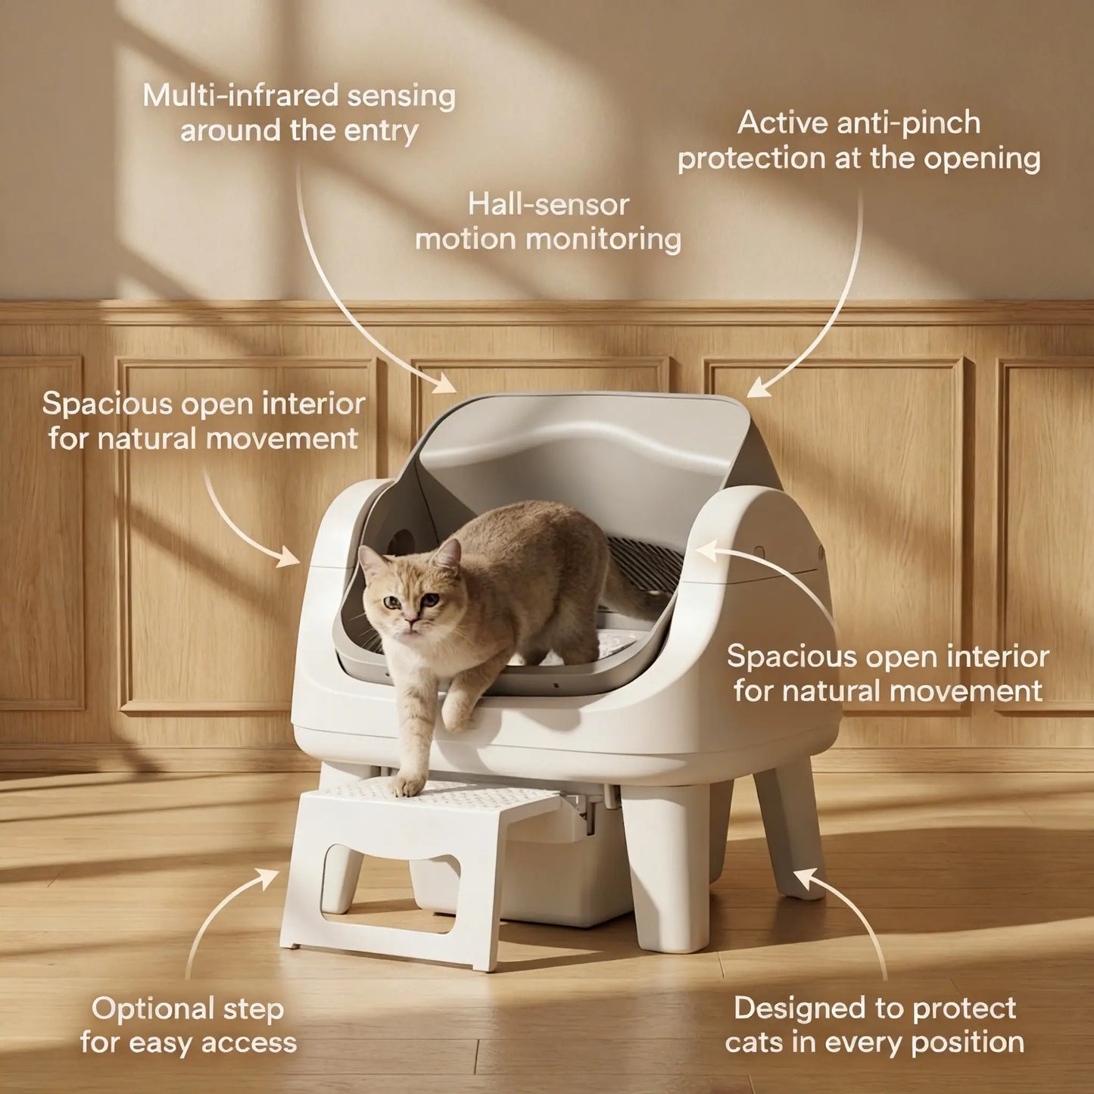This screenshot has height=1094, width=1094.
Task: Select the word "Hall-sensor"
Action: [548, 204]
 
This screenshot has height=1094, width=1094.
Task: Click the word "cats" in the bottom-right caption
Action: [755, 1043]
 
